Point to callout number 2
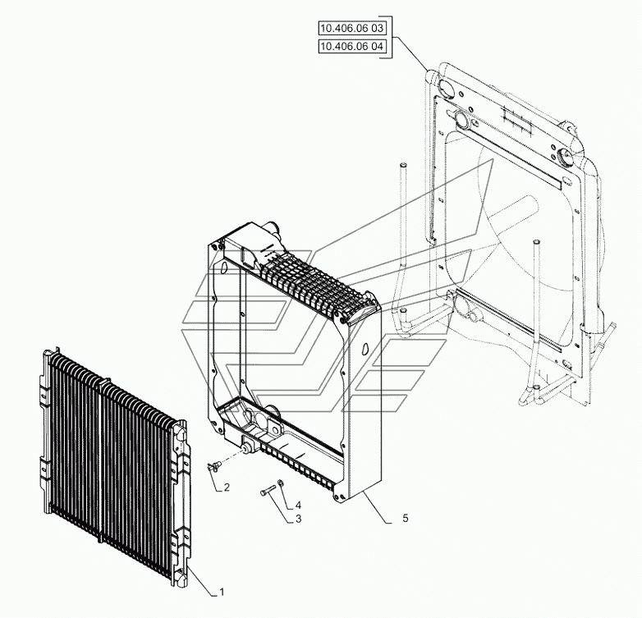pyautogui.click(x=226, y=487)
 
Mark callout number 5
pyautogui.click(x=406, y=518)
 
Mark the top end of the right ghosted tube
pyautogui.click(x=534, y=241)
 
